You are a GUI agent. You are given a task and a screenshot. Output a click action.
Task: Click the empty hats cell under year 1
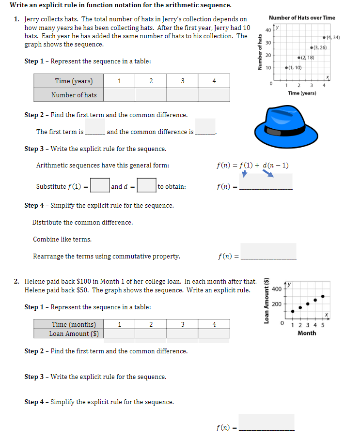tap(119, 95)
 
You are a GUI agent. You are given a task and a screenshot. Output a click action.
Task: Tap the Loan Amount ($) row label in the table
tap(74, 333)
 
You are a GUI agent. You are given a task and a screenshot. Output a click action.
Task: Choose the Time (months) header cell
tap(74, 324)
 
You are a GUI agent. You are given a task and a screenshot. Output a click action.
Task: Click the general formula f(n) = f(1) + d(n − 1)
tap(252, 166)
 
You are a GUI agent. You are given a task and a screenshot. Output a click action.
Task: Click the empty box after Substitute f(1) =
tap(100, 186)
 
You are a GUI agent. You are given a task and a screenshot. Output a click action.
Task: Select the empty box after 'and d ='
tap(146, 186)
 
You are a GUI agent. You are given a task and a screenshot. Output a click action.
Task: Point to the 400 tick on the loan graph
tap(277, 289)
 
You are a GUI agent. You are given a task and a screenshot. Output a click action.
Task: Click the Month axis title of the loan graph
tap(307, 333)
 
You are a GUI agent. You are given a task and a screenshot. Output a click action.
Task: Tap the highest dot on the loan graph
tap(323, 296)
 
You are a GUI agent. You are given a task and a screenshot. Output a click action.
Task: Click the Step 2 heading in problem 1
tap(106, 115)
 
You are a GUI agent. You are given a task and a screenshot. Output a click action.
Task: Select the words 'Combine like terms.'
tap(62, 240)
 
